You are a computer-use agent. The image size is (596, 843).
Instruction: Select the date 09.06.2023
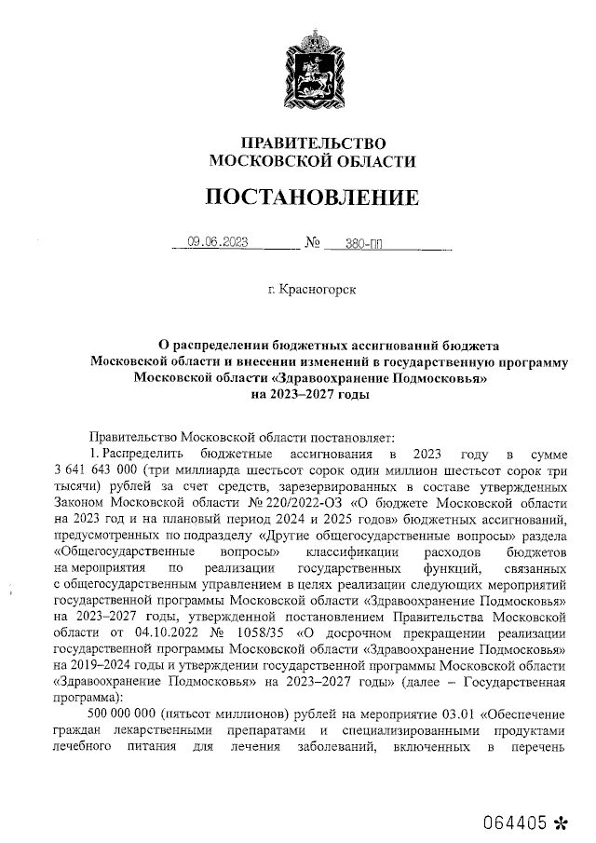point(216,245)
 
